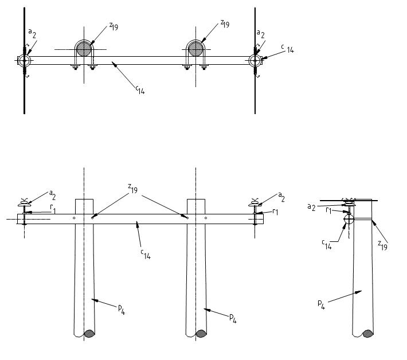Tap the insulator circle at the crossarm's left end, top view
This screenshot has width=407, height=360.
24,60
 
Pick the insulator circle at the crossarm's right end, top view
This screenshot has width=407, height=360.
255,60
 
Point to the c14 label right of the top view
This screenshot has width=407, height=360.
288,50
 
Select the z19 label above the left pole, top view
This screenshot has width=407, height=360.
113,25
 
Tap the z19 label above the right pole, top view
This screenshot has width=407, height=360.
225,24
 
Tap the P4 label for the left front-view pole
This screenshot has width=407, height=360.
122,310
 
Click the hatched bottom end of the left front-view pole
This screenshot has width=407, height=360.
90,333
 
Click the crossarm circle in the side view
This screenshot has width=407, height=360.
348,218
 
